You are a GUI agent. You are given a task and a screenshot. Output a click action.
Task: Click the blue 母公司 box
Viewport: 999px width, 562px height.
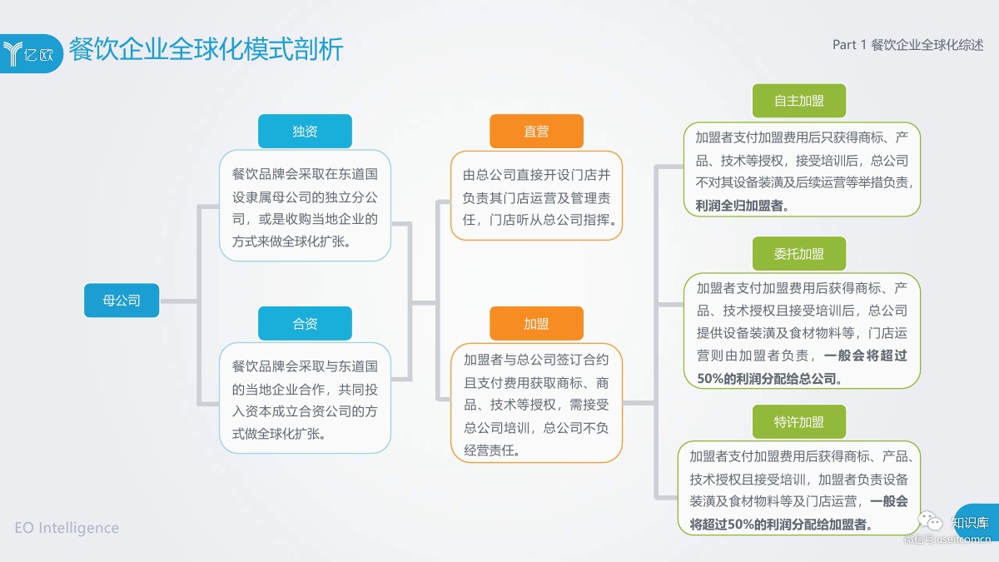(x=122, y=301)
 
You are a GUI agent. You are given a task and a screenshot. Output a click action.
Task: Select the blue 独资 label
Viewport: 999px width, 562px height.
(x=305, y=132)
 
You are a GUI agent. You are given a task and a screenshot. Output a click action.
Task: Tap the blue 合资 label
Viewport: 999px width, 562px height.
(x=305, y=324)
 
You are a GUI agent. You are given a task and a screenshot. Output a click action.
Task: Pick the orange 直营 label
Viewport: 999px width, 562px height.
(x=536, y=132)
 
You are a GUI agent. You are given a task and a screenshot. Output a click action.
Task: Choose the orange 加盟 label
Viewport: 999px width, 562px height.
(x=536, y=324)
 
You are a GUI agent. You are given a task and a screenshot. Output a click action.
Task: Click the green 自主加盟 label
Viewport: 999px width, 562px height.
(x=799, y=101)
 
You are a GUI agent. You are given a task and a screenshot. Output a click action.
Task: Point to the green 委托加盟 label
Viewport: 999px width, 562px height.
(x=799, y=254)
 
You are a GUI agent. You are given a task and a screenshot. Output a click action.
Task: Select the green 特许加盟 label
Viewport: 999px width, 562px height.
(x=799, y=422)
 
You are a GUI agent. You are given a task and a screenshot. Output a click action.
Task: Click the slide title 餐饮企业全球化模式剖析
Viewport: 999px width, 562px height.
(x=206, y=49)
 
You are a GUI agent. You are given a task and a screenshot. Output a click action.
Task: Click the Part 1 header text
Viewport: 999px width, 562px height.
(x=907, y=45)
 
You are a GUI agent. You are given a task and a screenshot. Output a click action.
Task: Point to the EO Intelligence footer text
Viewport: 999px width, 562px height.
(x=67, y=528)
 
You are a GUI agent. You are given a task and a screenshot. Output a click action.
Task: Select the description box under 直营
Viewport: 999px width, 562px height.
(x=537, y=197)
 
